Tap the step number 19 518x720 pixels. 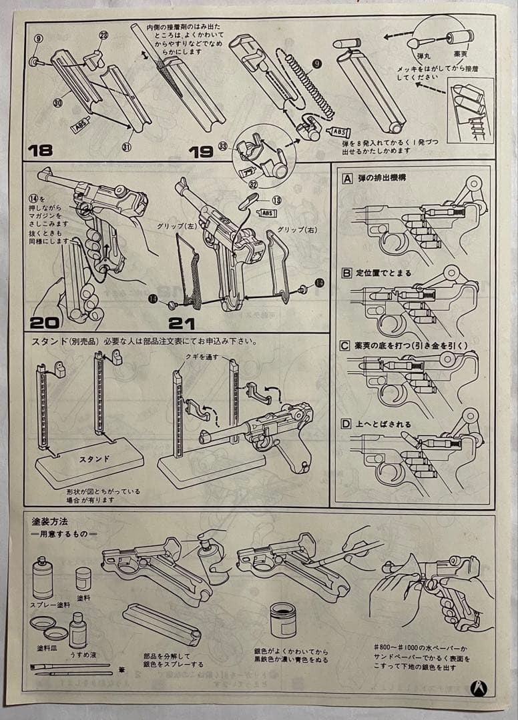tap(201, 151)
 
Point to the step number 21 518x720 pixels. tap(182, 323)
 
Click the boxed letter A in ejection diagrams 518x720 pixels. tap(347, 179)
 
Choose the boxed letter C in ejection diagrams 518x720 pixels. tap(346, 345)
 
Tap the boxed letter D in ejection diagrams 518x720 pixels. tap(346, 424)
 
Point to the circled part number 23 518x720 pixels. tap(103, 36)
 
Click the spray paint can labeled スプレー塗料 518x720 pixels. tap(43, 577)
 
